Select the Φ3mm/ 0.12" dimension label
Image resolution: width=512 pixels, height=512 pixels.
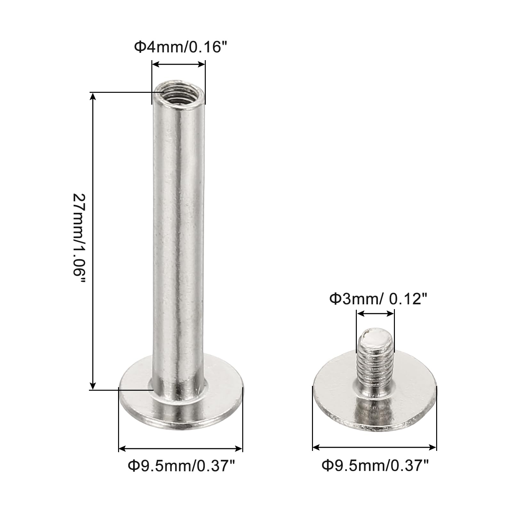(x=378, y=299)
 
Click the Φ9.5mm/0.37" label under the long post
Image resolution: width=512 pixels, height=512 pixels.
(x=181, y=466)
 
